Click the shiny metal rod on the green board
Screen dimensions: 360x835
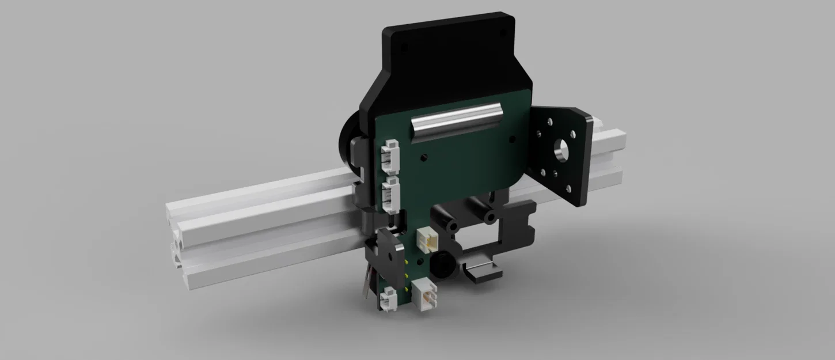point(455,122)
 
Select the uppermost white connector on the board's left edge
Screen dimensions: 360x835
point(390,157)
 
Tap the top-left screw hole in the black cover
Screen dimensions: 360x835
point(403,44)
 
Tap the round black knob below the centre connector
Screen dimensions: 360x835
point(441,265)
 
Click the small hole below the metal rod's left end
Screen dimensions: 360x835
point(424,156)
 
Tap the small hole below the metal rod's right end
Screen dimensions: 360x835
point(511,139)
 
